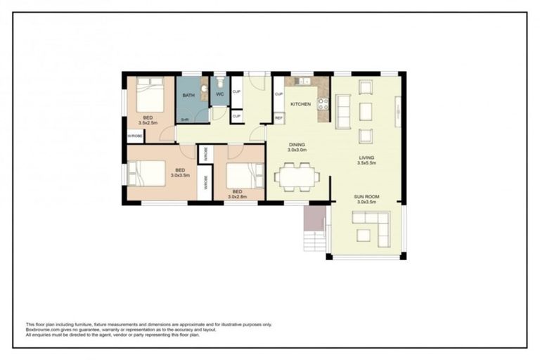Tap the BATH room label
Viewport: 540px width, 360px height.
188,95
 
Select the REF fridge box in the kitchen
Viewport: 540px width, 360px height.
278,118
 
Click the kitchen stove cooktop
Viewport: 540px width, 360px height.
323,104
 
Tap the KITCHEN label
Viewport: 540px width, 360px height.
300,104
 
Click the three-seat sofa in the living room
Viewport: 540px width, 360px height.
343,111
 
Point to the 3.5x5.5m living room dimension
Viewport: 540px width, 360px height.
367,163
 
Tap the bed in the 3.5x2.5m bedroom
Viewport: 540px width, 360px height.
150,95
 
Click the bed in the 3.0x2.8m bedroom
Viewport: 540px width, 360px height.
240,173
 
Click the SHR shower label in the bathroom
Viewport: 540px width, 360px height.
184,120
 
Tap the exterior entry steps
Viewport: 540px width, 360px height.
311,229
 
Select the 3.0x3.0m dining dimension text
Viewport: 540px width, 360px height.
297,150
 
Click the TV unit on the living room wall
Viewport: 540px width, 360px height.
398,110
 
